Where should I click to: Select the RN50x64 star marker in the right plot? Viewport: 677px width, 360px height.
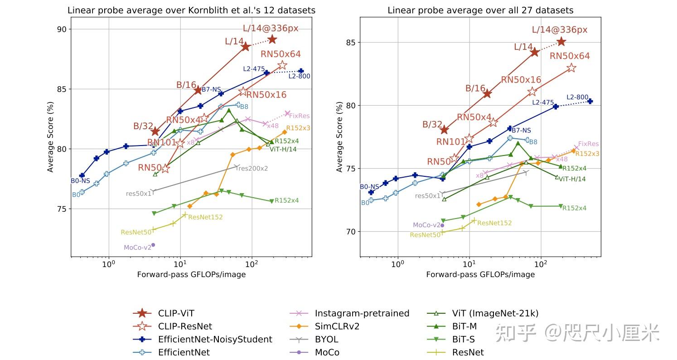click(x=571, y=68)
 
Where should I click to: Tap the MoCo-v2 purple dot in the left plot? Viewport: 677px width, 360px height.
click(x=153, y=245)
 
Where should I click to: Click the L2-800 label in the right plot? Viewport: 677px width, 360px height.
click(x=577, y=97)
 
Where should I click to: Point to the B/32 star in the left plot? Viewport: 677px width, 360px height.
click(x=155, y=131)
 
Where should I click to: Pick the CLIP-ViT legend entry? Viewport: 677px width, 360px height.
click(x=164, y=313)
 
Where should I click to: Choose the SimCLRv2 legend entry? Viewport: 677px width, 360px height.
click(x=324, y=326)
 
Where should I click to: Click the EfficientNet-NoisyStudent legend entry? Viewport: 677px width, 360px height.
click(x=203, y=339)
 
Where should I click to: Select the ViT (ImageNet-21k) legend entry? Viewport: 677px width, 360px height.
click(x=483, y=313)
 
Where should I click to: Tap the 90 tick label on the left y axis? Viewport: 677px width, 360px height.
click(x=62, y=29)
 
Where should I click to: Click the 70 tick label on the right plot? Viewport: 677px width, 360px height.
click(x=351, y=232)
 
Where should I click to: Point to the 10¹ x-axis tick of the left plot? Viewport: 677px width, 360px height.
click(x=180, y=263)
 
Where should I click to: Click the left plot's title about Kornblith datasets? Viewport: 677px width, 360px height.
click(x=191, y=10)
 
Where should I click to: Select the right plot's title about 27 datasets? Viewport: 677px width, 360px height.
click(x=480, y=10)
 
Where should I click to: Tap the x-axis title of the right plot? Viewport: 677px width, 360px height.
click(x=480, y=274)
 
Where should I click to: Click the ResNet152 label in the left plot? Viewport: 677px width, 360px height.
click(x=205, y=217)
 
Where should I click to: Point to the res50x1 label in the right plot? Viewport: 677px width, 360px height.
click(x=427, y=196)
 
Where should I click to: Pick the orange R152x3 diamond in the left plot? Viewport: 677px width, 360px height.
click(x=285, y=132)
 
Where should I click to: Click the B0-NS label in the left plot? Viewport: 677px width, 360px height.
click(x=80, y=180)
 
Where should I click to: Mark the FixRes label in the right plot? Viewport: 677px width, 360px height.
click(x=588, y=144)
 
